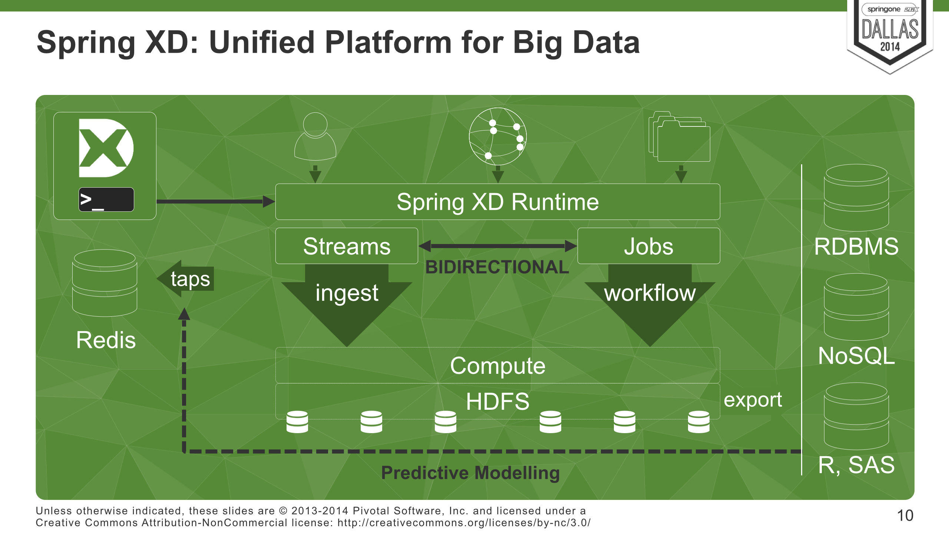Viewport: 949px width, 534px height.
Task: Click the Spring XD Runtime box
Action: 497,202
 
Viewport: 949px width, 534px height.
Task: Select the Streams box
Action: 347,246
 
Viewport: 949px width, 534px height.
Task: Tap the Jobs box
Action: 648,246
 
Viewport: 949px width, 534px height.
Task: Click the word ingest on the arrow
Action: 347,293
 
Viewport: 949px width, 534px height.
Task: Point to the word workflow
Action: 650,293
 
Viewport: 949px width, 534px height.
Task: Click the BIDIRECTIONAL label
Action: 497,267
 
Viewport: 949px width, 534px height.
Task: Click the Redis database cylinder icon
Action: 105,283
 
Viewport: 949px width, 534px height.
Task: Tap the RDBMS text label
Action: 856,246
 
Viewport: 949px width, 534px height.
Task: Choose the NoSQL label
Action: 856,356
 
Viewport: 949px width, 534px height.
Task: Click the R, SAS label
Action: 856,465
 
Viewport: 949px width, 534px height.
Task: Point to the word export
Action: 753,400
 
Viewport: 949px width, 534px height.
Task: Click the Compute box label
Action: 497,366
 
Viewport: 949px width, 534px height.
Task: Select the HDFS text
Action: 497,401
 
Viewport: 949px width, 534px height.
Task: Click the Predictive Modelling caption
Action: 470,473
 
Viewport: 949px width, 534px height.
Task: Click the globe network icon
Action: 497,136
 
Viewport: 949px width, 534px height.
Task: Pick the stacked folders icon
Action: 679,137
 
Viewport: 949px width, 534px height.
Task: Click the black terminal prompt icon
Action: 106,200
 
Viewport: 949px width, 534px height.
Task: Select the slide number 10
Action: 905,515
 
